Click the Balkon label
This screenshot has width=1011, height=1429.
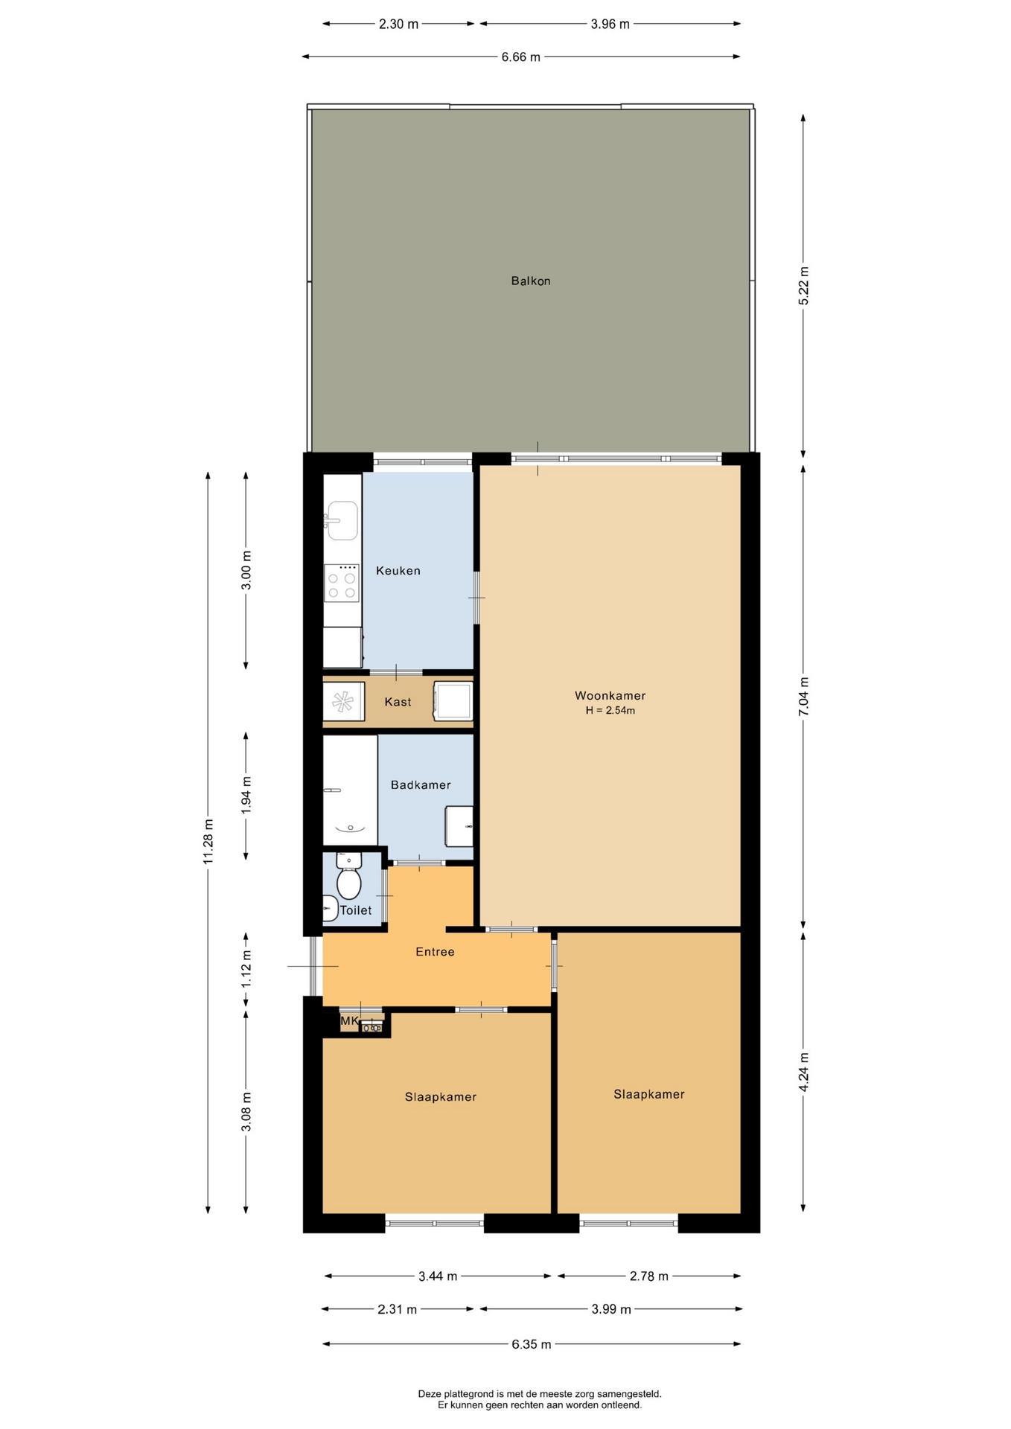click(530, 281)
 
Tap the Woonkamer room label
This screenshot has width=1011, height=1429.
click(610, 696)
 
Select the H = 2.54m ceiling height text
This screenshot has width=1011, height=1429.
click(610, 710)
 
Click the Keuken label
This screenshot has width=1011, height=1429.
click(398, 571)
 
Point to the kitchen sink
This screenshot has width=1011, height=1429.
click(342, 520)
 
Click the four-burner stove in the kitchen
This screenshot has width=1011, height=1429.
click(342, 583)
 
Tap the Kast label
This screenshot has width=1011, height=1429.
click(398, 702)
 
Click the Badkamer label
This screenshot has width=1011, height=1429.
click(421, 784)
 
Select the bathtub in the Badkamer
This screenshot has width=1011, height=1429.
click(350, 790)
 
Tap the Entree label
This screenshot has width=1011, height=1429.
click(435, 952)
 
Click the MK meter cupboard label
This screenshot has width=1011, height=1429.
click(349, 1021)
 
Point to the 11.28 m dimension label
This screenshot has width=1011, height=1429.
click(208, 842)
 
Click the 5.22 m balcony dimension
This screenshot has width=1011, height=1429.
click(803, 285)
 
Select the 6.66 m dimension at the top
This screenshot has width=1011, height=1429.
click(520, 57)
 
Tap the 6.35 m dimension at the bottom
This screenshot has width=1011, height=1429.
click(531, 1344)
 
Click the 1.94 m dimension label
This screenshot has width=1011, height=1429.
click(246, 795)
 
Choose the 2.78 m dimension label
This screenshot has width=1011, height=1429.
click(648, 1276)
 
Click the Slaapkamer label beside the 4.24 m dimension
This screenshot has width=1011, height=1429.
click(648, 1094)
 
